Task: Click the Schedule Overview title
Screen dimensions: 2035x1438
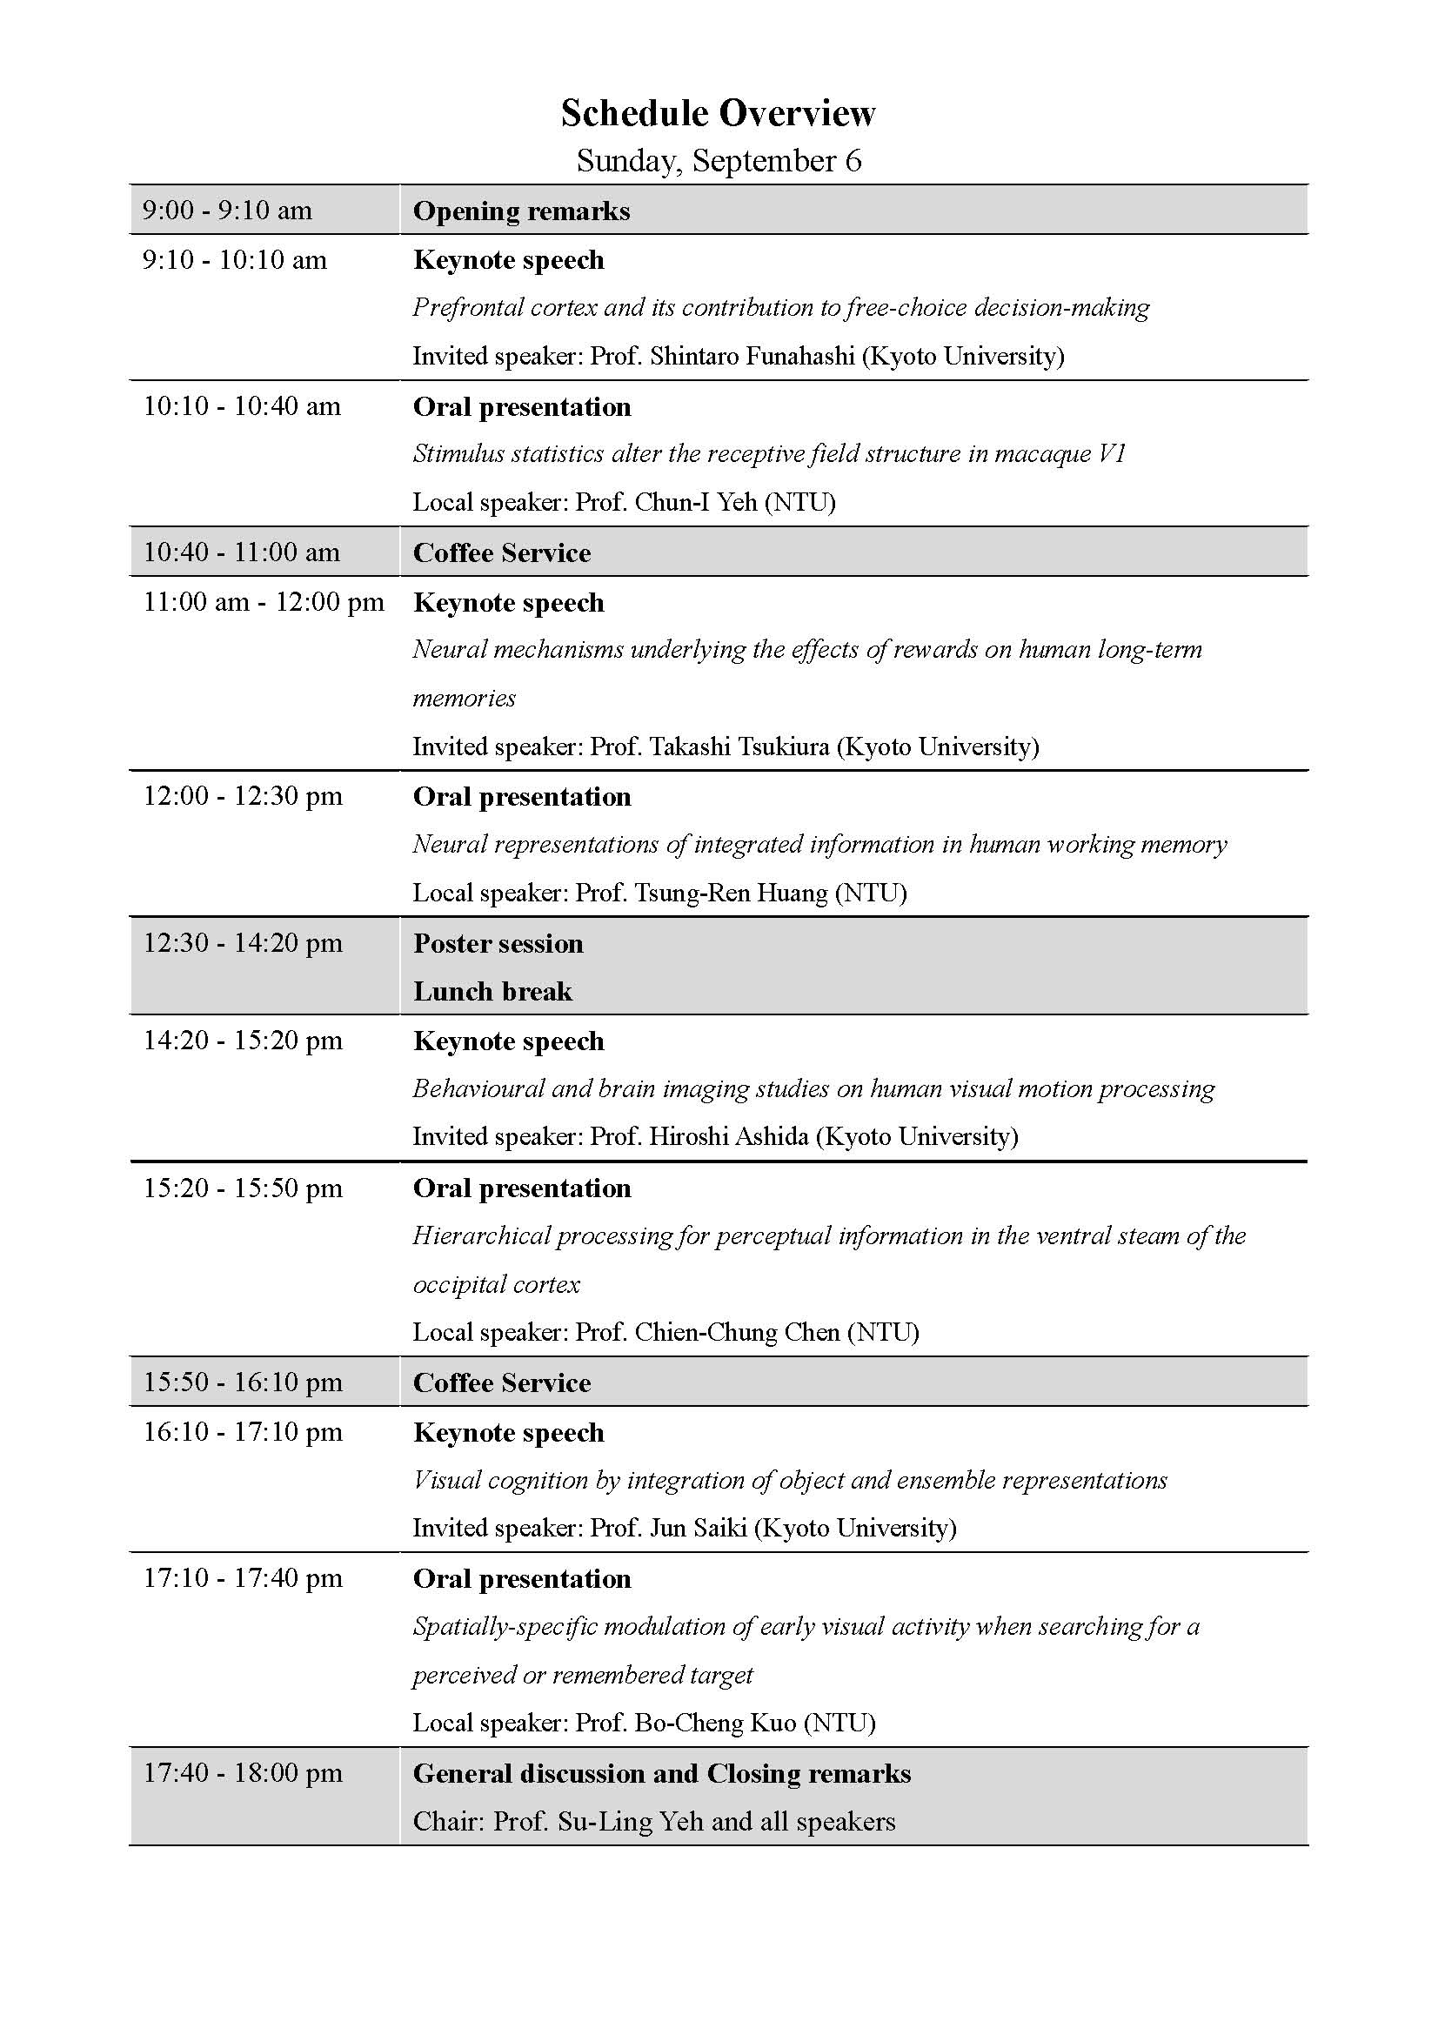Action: tap(718, 113)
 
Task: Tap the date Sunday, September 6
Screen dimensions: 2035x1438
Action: tap(718, 160)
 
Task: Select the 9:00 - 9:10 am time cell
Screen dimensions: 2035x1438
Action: tap(227, 210)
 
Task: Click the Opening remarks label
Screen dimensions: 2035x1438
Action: tap(521, 211)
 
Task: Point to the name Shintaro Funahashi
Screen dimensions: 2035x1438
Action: tap(752, 356)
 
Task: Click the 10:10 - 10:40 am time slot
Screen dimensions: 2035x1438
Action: tap(242, 406)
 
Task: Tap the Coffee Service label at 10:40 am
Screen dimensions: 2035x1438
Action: tap(501, 552)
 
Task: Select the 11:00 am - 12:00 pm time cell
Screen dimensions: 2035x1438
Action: tap(263, 602)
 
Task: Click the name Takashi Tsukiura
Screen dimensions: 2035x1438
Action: tap(739, 746)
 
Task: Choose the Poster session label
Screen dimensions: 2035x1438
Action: tap(498, 943)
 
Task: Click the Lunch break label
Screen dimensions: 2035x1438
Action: tap(492, 991)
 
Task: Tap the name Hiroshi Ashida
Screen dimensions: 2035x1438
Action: tap(728, 1136)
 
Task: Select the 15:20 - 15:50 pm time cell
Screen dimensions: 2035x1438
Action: tap(243, 1188)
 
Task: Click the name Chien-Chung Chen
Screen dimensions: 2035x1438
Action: tap(737, 1331)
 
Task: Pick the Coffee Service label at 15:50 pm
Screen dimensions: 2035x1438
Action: tap(501, 1382)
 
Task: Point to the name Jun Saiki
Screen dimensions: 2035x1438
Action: tap(699, 1527)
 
